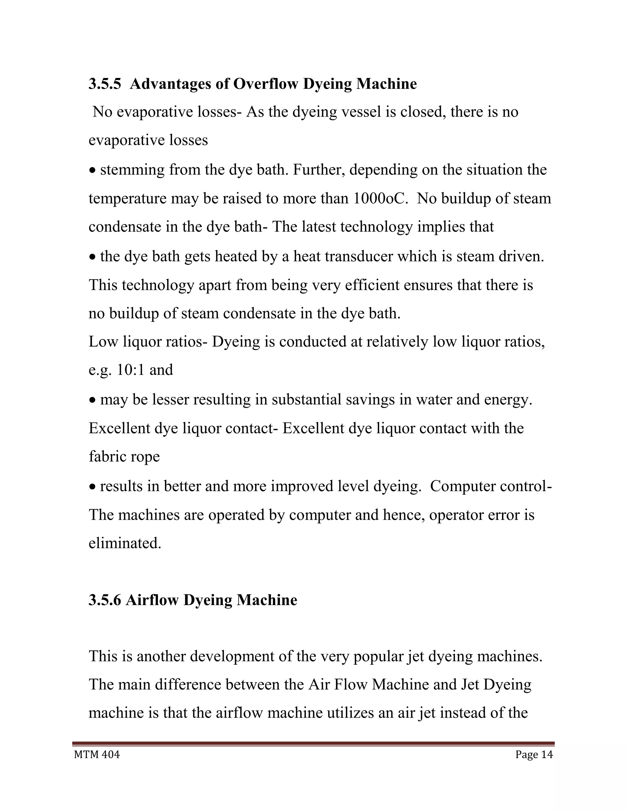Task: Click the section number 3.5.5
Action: pyautogui.click(x=105, y=84)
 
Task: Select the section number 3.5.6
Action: pyautogui.click(x=105, y=600)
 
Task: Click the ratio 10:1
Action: pyautogui.click(x=130, y=370)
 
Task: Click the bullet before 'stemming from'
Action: pyautogui.click(x=92, y=171)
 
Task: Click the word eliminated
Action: pyautogui.click(x=125, y=543)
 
